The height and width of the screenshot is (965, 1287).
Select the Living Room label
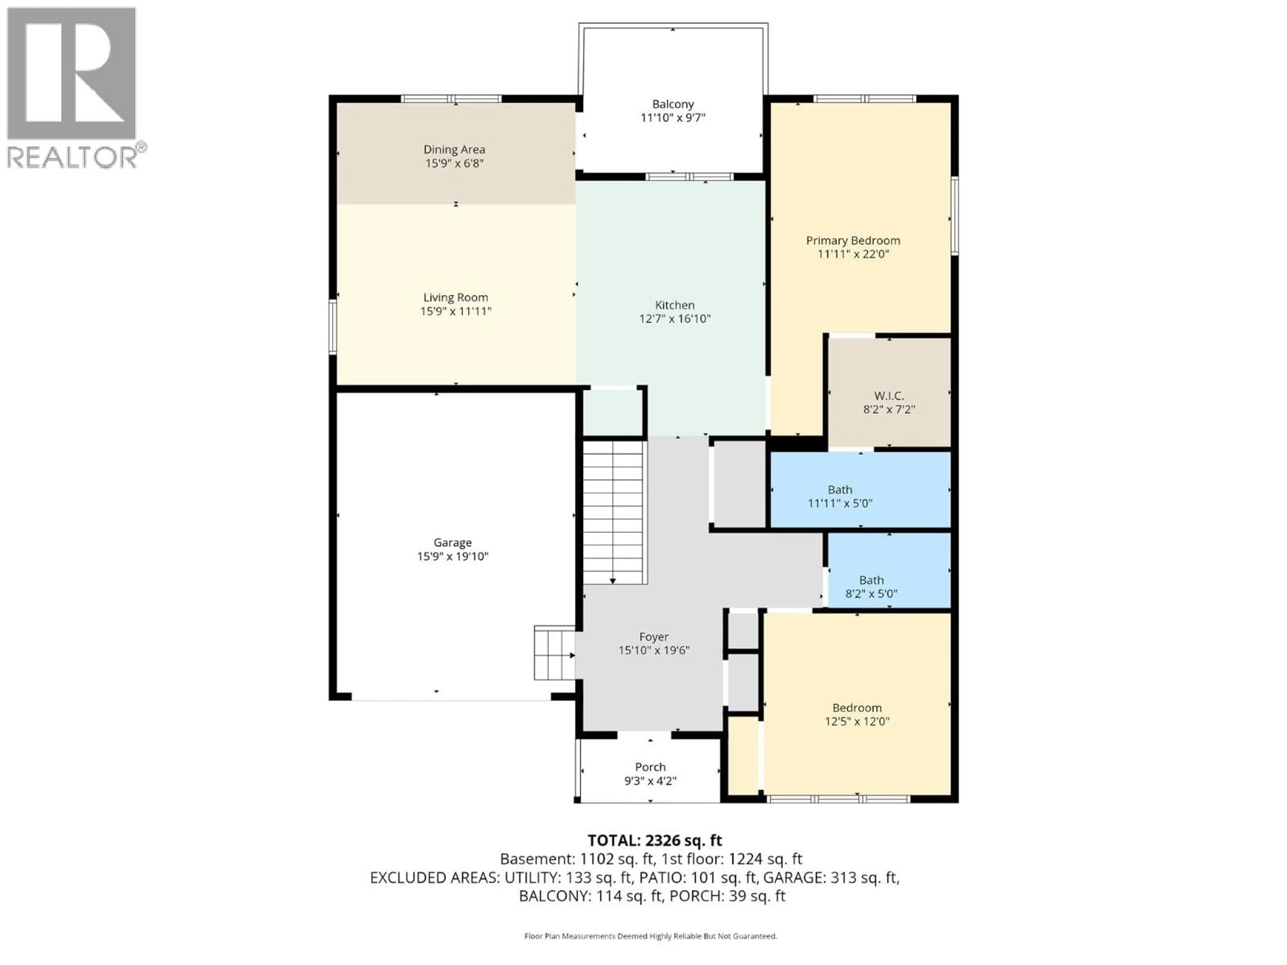455,297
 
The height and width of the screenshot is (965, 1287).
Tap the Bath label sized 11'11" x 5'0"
840,490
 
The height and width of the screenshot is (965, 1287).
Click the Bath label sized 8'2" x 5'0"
871,580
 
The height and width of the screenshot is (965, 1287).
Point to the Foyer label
654,637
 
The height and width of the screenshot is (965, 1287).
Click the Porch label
650,767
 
